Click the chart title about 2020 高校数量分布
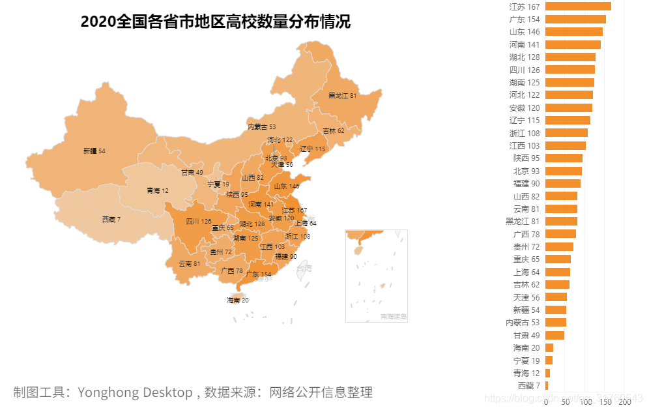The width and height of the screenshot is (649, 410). click(215, 22)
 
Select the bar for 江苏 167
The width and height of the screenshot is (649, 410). click(578, 7)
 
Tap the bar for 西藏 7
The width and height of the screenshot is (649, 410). click(547, 385)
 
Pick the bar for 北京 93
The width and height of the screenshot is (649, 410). click(564, 171)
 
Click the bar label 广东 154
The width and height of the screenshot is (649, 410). click(525, 19)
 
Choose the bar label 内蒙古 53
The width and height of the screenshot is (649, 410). click(523, 322)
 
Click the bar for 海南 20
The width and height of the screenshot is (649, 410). click(549, 347)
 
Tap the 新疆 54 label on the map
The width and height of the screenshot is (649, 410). click(94, 151)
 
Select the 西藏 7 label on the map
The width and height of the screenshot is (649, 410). click(111, 220)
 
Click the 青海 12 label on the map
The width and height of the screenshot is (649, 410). click(157, 190)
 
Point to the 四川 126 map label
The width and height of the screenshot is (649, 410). click(198, 221)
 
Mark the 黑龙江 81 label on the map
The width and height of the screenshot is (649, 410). click(342, 95)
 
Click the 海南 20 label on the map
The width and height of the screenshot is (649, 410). click(238, 300)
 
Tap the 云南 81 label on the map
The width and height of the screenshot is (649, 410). click(190, 263)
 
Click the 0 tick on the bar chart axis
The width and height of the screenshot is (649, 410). click(545, 402)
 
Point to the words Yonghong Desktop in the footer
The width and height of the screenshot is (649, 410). click(134, 392)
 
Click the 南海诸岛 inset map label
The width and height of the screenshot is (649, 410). click(394, 317)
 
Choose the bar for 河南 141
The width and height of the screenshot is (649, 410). click(573, 44)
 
